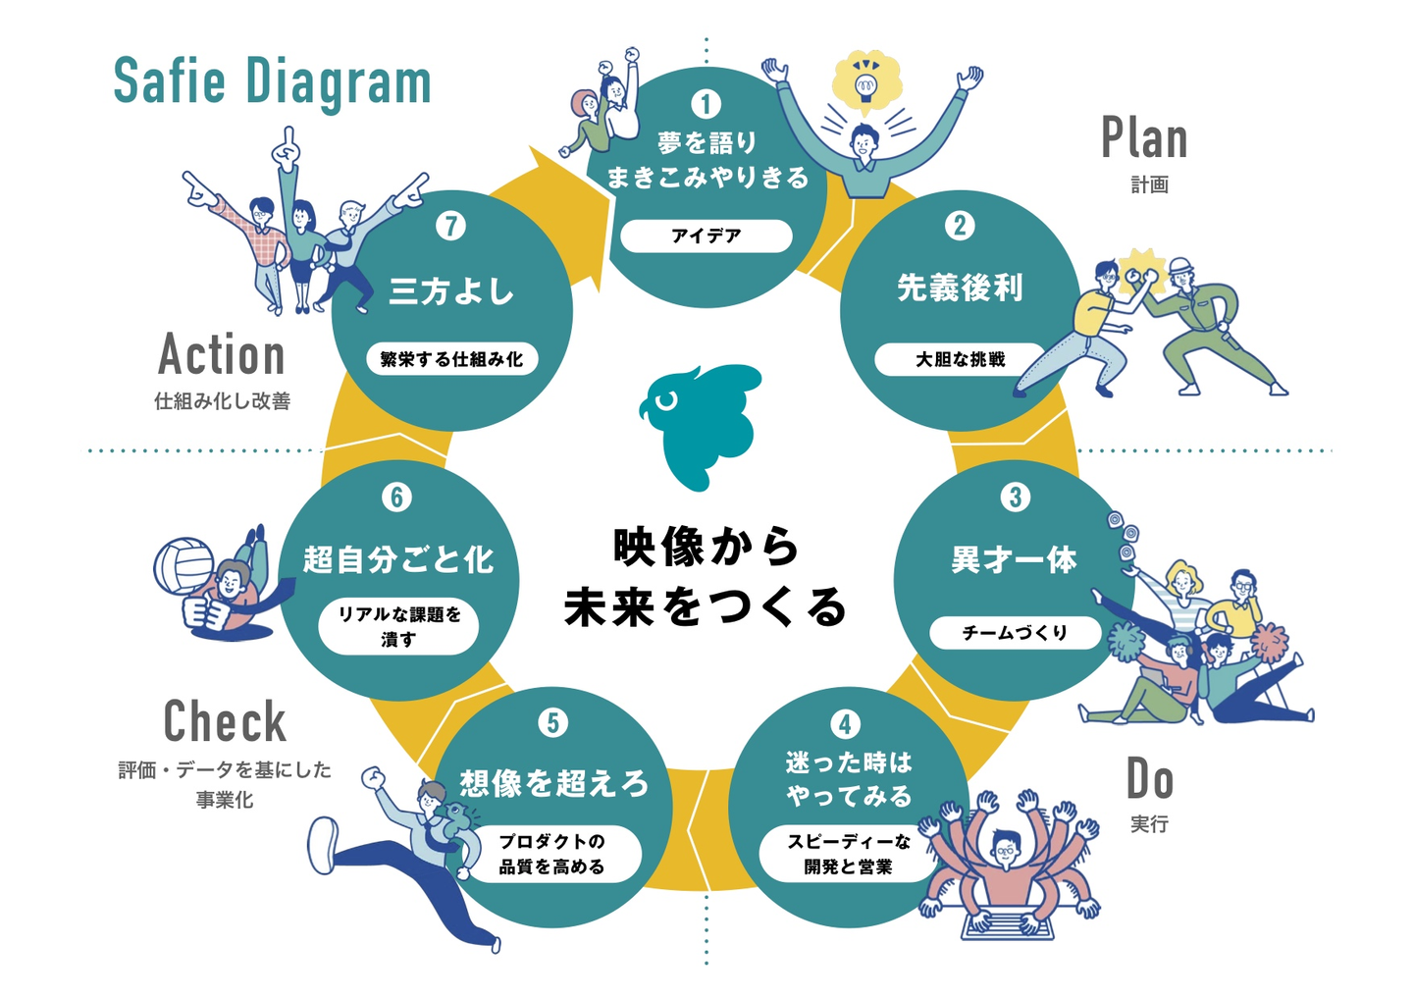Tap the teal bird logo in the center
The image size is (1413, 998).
pyautogui.click(x=702, y=427)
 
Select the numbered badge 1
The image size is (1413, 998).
pyautogui.click(x=706, y=104)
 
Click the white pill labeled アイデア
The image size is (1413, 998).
pyautogui.click(x=706, y=236)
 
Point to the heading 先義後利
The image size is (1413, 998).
pyautogui.click(x=960, y=288)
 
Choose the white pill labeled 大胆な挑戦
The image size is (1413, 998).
pyautogui.click(x=960, y=359)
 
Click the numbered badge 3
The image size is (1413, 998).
pyautogui.click(x=1015, y=498)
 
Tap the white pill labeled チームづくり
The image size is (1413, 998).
pyautogui.click(x=1015, y=632)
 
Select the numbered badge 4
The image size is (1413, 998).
pyautogui.click(x=845, y=724)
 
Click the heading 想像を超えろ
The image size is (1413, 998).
pyautogui.click(x=553, y=784)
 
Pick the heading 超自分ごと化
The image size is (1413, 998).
pyautogui.click(x=397, y=559)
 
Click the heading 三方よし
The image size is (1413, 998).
pyautogui.click(x=451, y=291)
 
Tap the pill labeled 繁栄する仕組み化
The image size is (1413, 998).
pyautogui.click(x=451, y=359)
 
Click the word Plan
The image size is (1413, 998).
pyautogui.click(x=1144, y=137)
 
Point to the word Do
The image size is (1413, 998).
pyautogui.click(x=1149, y=778)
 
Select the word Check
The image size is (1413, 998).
pyautogui.click(x=225, y=721)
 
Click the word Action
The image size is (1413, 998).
pyautogui.click(x=222, y=354)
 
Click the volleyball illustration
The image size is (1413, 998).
pyautogui.click(x=183, y=566)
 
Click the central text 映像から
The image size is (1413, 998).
pyautogui.click(x=706, y=547)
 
